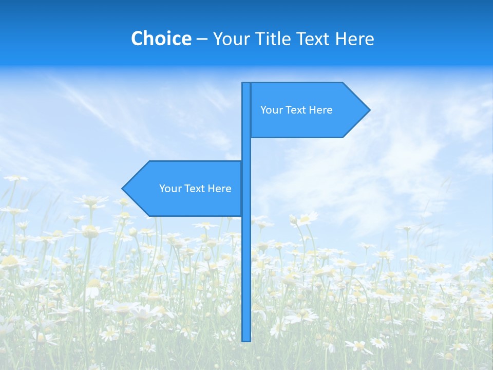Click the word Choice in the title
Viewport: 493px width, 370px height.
coord(161,39)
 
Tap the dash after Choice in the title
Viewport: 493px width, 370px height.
coord(202,39)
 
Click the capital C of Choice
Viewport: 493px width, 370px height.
coord(138,39)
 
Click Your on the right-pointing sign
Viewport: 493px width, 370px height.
coord(271,110)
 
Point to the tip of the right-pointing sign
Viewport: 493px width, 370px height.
coord(369,110)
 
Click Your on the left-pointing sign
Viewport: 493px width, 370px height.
coord(169,189)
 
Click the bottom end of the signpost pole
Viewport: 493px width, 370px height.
coord(246,339)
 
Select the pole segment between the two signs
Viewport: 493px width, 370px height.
coord(246,150)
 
